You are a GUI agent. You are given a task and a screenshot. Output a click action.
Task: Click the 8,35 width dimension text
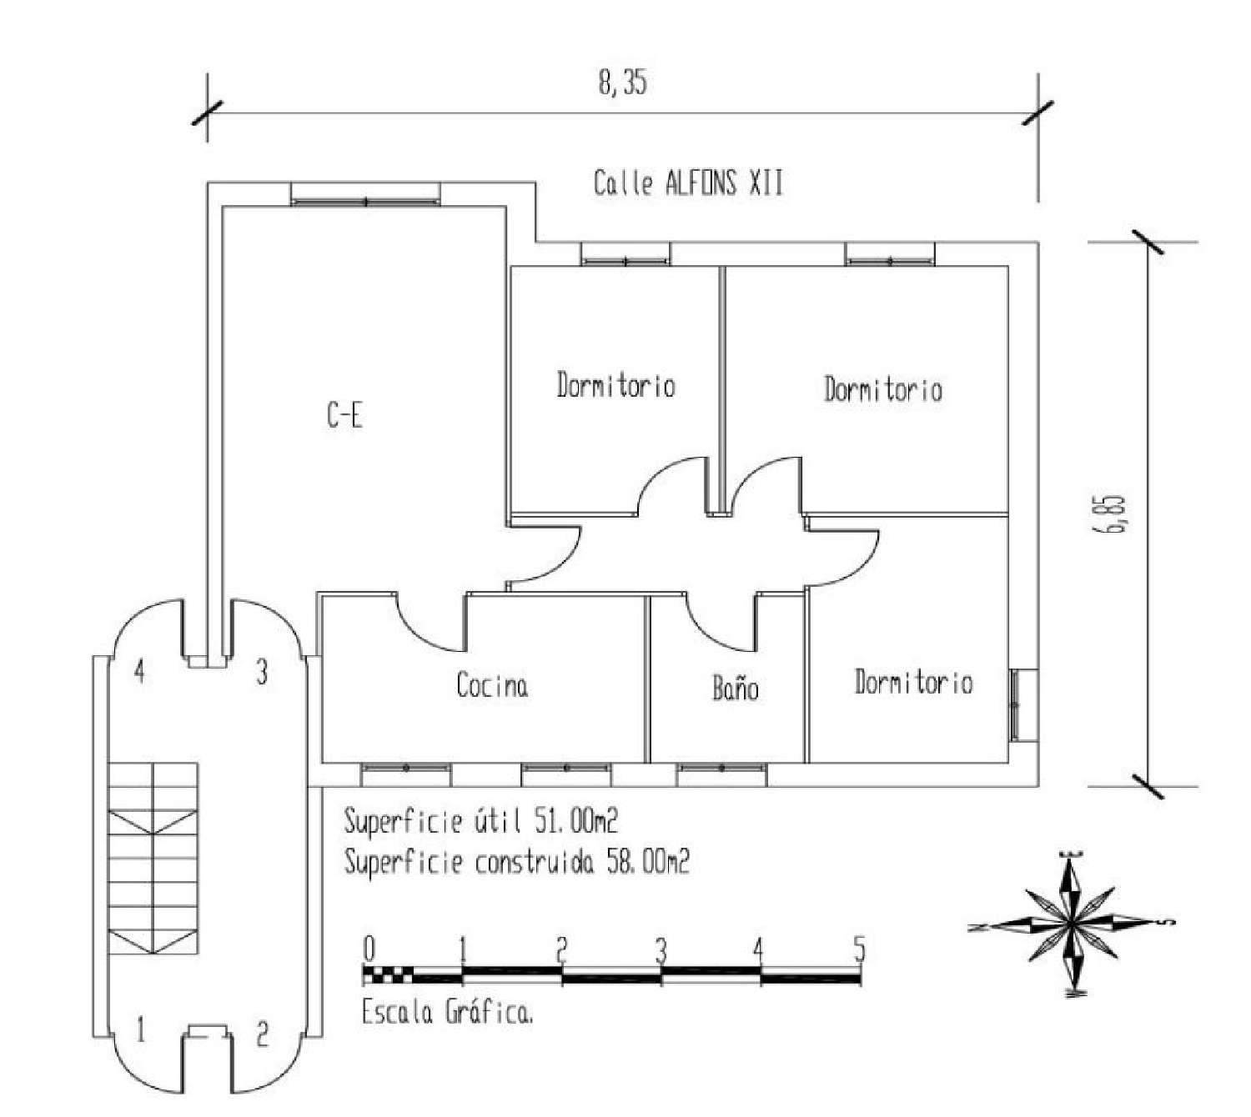click(623, 83)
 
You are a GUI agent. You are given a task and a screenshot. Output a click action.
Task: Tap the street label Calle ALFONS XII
click(688, 183)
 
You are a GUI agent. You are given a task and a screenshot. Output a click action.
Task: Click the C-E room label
click(344, 414)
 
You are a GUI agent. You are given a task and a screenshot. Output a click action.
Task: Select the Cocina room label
click(492, 686)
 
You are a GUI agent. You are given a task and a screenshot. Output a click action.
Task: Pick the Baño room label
click(736, 688)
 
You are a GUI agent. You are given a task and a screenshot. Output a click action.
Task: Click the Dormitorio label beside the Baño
click(914, 682)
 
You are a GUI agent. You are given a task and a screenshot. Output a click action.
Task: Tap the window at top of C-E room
click(365, 194)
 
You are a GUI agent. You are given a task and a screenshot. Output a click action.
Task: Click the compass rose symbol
click(1070, 924)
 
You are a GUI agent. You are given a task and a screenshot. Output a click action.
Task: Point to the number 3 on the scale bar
click(661, 951)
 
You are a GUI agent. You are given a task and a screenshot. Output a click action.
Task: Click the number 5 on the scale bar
click(860, 949)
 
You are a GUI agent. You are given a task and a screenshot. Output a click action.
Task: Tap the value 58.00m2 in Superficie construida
click(648, 862)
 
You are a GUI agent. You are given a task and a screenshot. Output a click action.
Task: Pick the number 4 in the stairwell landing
click(140, 671)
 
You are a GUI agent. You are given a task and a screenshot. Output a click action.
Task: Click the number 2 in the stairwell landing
click(263, 1035)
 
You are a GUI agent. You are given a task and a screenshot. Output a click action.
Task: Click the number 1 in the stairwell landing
click(141, 1030)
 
